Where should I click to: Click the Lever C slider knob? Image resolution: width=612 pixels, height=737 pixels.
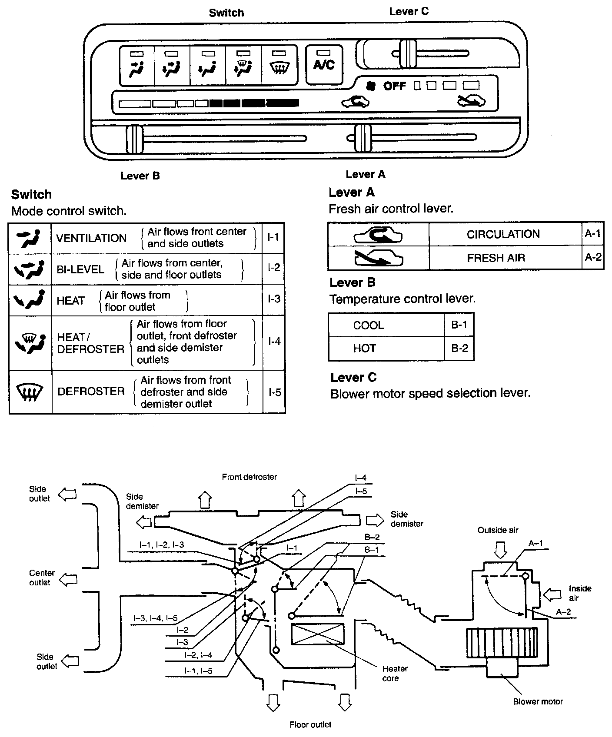pos(409,53)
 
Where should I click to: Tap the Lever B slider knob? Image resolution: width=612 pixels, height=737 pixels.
pos(135,139)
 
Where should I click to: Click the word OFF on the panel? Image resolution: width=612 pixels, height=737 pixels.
pos(395,86)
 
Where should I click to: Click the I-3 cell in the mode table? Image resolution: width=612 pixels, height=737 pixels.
pos(274,299)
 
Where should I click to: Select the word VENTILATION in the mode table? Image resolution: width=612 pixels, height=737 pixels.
pos(91,238)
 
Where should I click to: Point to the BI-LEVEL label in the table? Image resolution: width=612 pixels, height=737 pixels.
pos(80,269)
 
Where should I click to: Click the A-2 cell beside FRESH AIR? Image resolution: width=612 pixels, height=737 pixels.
pos(593,257)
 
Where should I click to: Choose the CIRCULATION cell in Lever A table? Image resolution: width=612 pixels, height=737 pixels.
pos(503,234)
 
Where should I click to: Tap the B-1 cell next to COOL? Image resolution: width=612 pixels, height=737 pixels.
pos(459,325)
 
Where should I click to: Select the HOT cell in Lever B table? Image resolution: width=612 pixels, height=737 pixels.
pos(364,349)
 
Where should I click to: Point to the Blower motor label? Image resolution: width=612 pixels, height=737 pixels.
pos(538,701)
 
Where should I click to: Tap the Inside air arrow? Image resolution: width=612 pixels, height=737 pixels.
pos(553,594)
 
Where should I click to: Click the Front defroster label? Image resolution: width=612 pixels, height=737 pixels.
pos(249,477)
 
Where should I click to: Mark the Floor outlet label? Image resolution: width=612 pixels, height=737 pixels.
pos(310,724)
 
